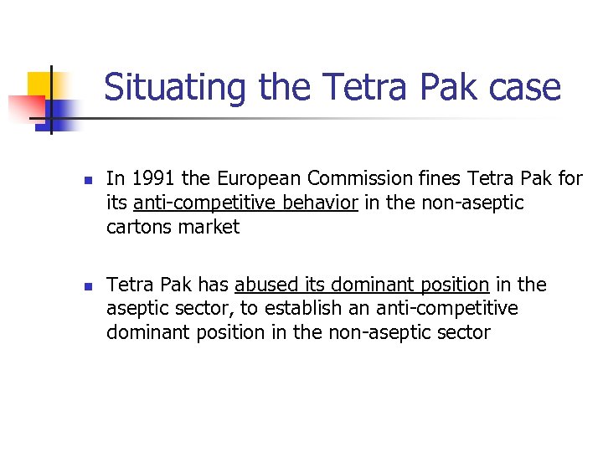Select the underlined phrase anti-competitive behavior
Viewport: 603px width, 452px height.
tap(245, 203)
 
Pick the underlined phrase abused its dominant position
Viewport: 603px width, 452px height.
tap(362, 285)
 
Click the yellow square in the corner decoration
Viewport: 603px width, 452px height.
tap(40, 85)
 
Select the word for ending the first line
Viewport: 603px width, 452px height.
tap(570, 178)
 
